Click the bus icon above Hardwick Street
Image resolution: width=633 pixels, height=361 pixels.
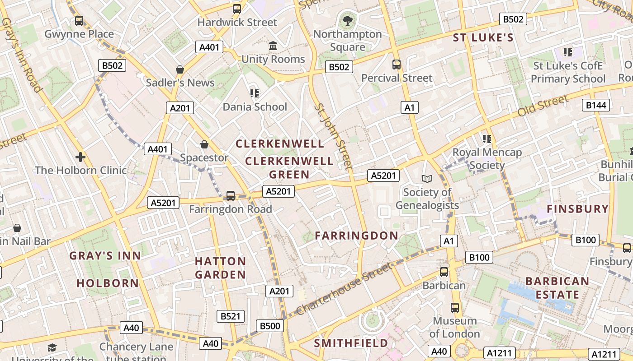237,9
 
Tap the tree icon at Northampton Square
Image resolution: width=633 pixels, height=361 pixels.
347,20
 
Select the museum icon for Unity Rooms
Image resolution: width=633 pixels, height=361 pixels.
273,46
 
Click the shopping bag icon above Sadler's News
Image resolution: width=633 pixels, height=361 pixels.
180,69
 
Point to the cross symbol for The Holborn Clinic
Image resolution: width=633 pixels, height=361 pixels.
80,157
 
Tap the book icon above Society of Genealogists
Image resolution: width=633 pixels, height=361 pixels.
427,179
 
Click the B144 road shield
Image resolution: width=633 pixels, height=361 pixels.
595,105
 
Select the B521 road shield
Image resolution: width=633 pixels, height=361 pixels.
231,316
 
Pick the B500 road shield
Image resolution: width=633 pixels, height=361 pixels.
270,326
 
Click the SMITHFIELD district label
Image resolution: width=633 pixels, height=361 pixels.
351,343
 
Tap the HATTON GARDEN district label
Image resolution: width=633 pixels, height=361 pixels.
221,268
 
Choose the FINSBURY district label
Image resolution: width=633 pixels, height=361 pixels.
578,209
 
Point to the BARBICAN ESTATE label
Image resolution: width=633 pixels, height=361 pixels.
557,288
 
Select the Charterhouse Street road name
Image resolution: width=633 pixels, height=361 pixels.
344,289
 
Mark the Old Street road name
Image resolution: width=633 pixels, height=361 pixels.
542,106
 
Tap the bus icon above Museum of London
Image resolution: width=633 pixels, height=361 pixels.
455,308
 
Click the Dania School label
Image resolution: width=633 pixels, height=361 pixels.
255,107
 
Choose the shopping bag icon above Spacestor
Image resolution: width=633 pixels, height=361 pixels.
204,144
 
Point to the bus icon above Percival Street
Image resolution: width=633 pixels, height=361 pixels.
397,65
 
